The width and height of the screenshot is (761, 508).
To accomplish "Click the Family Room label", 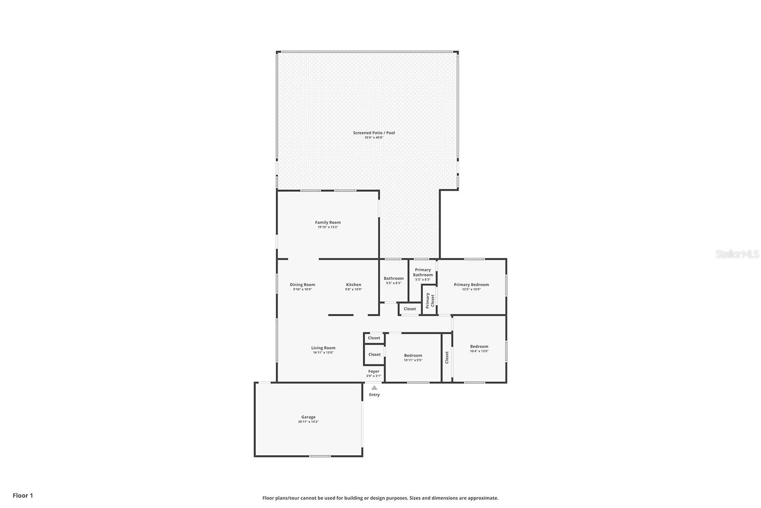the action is point(328,222).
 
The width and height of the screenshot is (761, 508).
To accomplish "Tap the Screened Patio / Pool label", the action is point(374,133).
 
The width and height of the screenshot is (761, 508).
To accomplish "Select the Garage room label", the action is point(309,417).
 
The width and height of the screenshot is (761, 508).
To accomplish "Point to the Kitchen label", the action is point(353,285).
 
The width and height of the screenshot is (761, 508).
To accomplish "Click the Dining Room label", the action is point(302,285).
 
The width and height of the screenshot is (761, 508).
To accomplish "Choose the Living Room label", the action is point(323,348).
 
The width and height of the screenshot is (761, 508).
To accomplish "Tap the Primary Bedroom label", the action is point(471,285).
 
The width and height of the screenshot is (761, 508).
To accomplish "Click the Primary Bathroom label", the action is point(423,272).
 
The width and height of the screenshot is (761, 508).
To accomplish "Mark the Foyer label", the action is point(374,371).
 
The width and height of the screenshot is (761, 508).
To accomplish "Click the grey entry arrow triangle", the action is point(374,388).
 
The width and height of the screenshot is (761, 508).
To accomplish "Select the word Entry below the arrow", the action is point(374,395).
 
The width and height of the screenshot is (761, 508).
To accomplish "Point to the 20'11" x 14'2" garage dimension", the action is point(308,422).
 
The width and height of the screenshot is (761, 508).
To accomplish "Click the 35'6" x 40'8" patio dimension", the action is point(374,138).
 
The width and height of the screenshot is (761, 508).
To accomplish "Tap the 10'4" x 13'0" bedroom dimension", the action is point(479,351).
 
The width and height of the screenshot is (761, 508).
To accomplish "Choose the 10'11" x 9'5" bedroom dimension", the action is point(413,360).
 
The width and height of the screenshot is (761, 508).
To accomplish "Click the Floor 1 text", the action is point(23,496).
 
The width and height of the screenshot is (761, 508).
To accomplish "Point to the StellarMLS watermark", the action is point(737,254).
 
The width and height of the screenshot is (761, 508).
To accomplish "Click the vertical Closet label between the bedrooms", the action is point(447,358).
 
